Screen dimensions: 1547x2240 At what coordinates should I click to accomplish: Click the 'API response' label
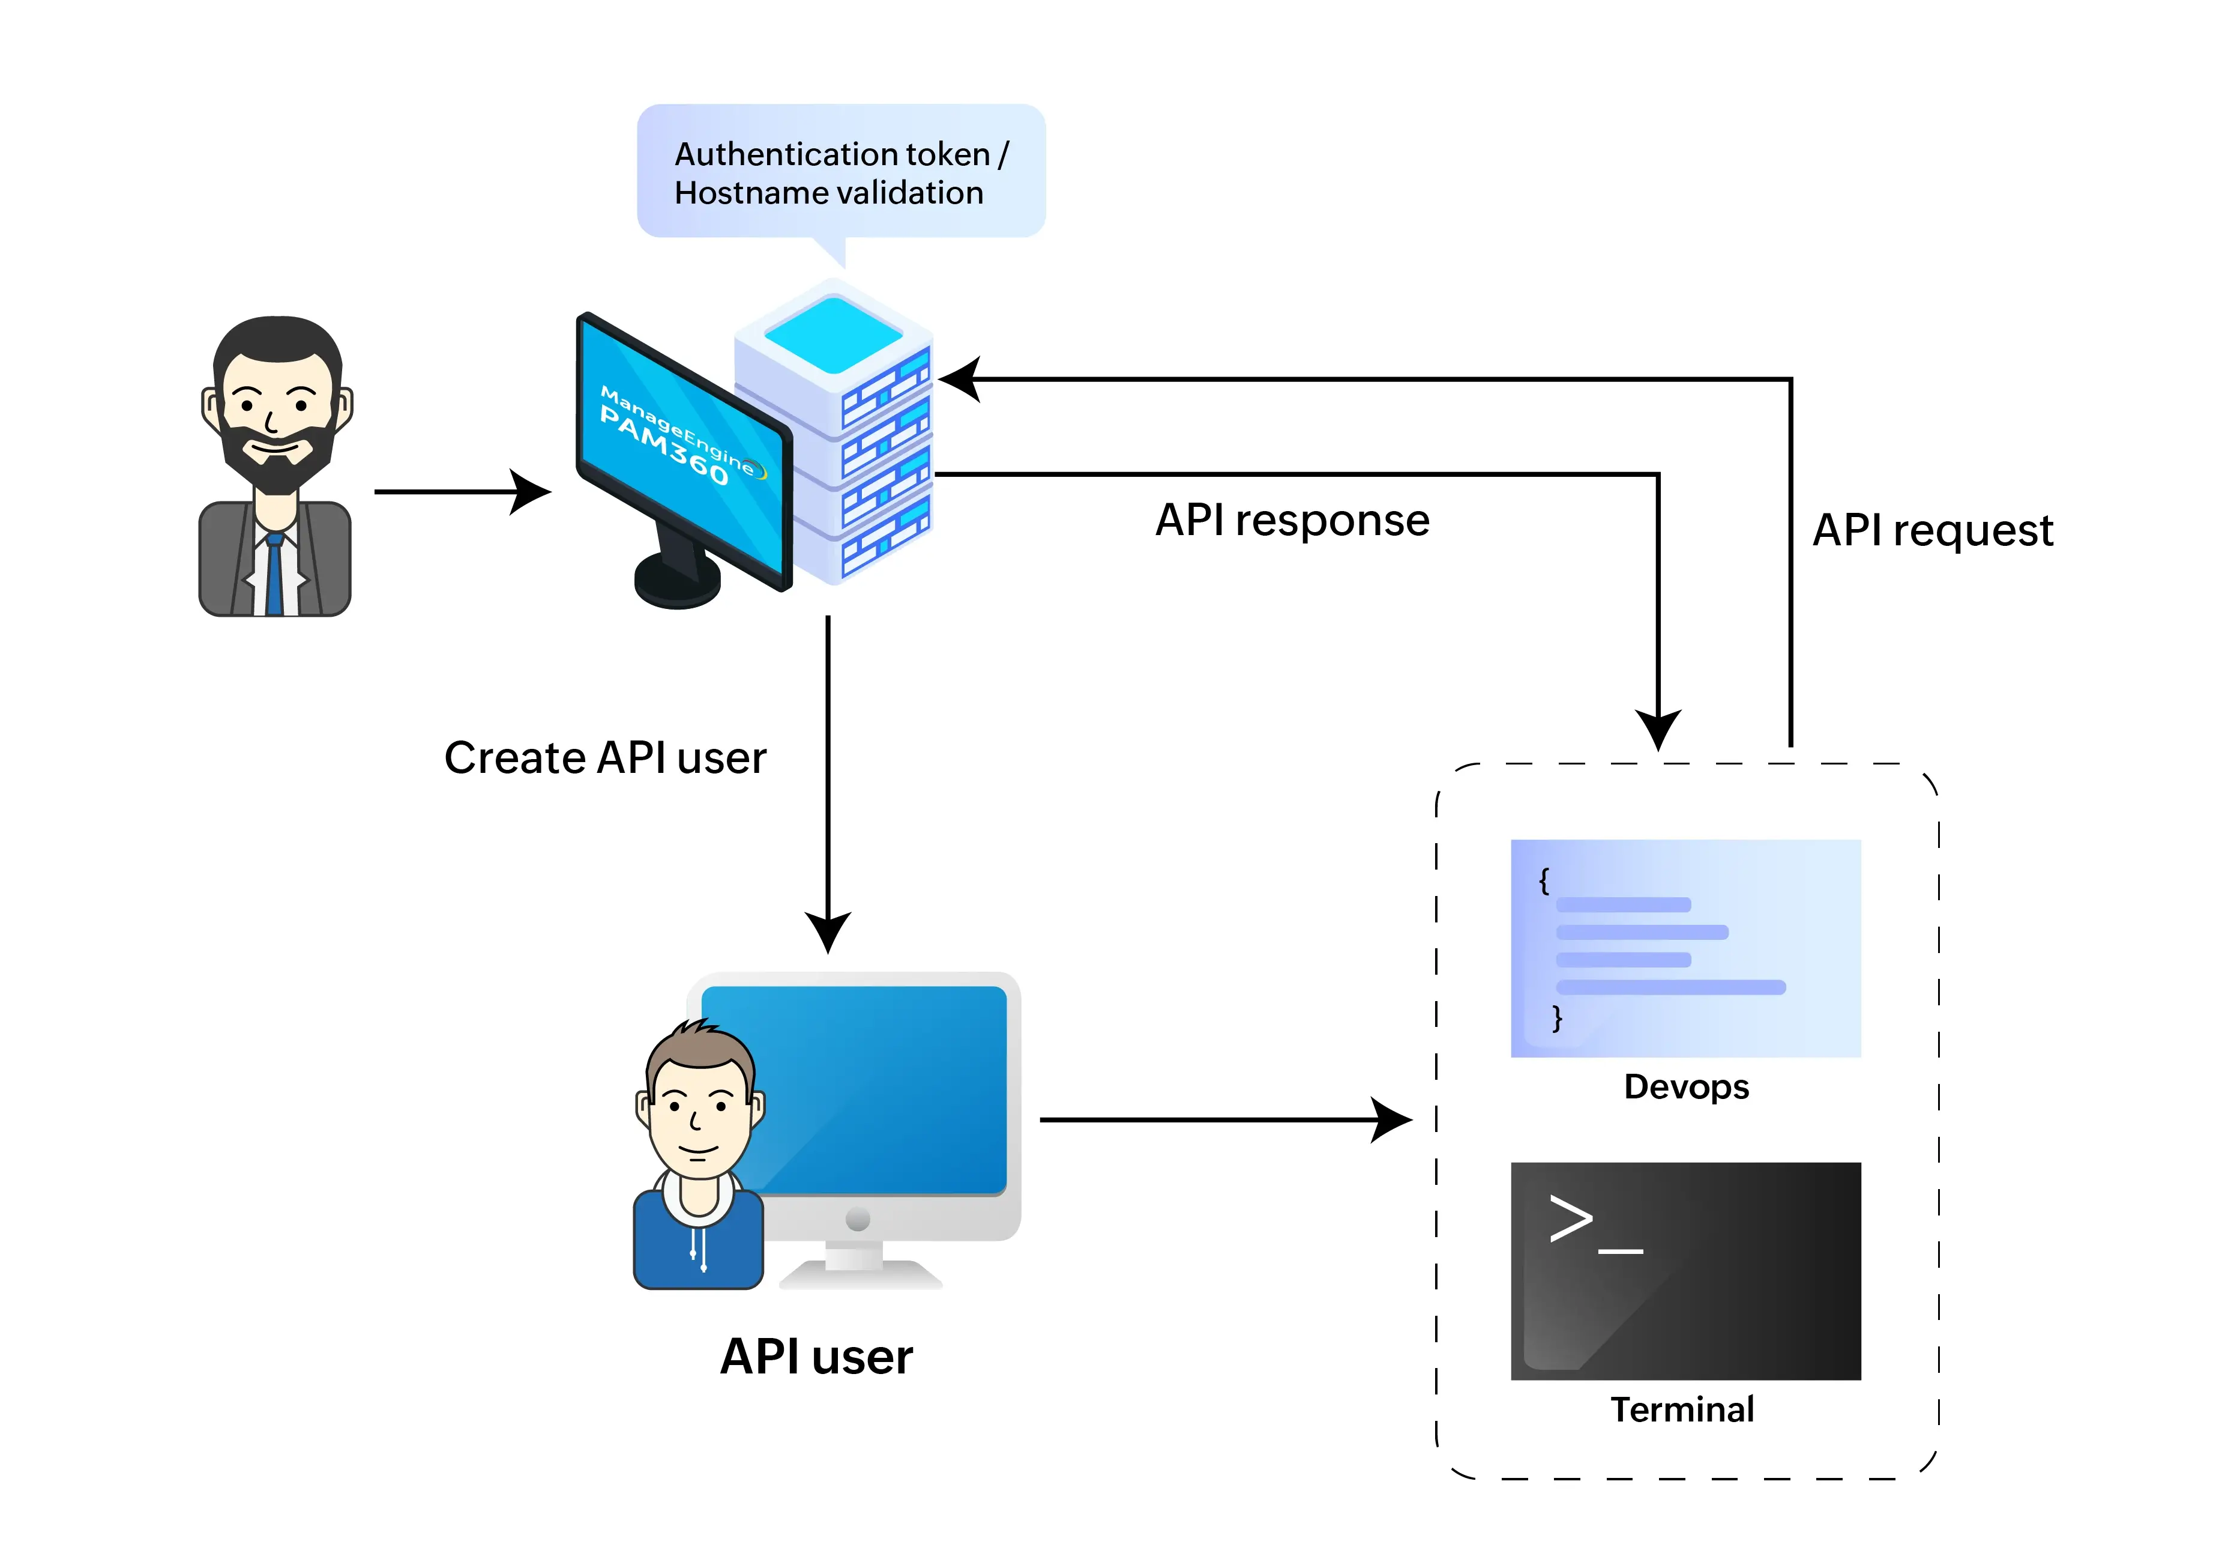1292,521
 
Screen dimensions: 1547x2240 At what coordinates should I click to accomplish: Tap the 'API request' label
1932,530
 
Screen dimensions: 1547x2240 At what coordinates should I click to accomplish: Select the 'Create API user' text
604,758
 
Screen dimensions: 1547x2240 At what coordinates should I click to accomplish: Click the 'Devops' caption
1686,1086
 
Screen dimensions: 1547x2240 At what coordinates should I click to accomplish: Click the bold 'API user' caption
816,1356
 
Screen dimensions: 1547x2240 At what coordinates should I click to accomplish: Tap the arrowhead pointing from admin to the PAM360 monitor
531,491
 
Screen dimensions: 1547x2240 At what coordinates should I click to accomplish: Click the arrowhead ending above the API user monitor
828,930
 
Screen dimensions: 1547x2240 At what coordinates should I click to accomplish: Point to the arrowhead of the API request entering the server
961,379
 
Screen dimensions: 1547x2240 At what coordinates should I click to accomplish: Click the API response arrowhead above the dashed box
1658,727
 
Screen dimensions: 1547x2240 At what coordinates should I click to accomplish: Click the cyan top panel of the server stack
833,333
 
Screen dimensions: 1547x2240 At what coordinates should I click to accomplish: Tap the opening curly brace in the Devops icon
1544,880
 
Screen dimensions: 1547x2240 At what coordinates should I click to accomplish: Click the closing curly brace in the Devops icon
1557,1018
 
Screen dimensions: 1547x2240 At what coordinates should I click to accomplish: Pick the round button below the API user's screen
858,1219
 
